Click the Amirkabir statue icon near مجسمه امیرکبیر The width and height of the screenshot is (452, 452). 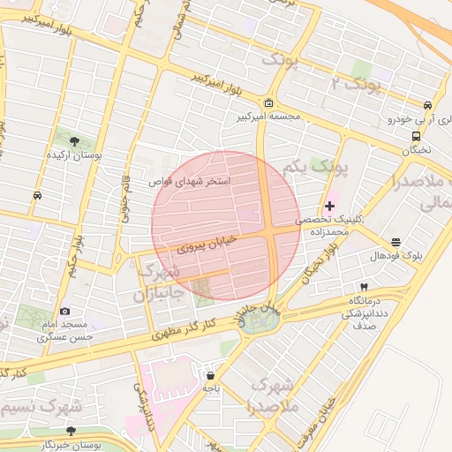pyautogui.click(x=268, y=103)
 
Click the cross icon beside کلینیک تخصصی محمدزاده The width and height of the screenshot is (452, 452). pyautogui.click(x=330, y=205)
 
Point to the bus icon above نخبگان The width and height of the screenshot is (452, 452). pyautogui.click(x=415, y=136)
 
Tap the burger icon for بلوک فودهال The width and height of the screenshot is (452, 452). pyautogui.click(x=395, y=242)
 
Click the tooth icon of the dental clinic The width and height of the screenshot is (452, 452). pyautogui.click(x=363, y=287)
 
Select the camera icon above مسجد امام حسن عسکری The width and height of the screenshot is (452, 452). pyautogui.click(x=65, y=311)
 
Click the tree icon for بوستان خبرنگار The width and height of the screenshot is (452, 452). pyautogui.click(x=71, y=431)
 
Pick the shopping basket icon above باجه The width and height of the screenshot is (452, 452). pyautogui.click(x=210, y=373)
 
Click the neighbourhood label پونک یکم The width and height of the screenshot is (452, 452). pyautogui.click(x=317, y=167)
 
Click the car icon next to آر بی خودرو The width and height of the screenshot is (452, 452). pyautogui.click(x=427, y=104)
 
